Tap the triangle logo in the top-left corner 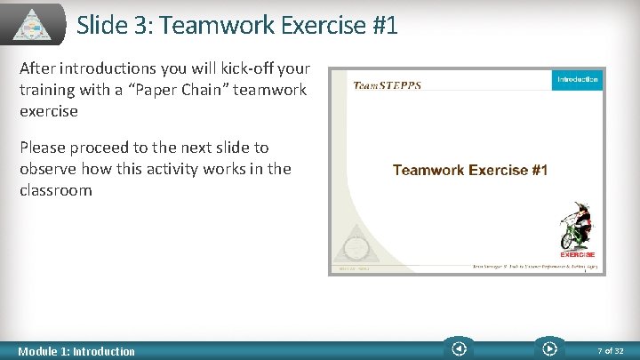point(34,23)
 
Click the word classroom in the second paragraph point(56,190)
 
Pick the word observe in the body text point(50,169)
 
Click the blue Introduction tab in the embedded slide point(577,80)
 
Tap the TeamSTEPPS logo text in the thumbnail point(388,85)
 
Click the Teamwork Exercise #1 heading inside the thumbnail point(470,170)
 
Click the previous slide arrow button point(459,349)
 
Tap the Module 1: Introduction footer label point(77,351)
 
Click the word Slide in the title point(102,25)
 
